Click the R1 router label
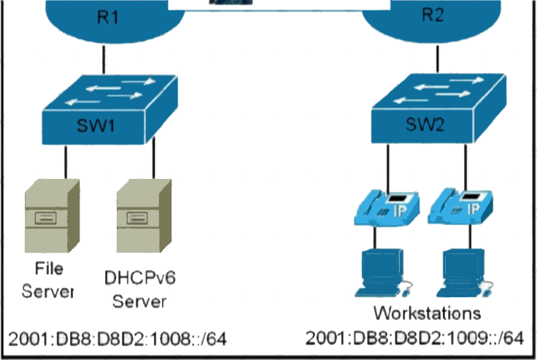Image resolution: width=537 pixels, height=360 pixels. tap(108, 17)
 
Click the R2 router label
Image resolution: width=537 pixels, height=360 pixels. tap(433, 15)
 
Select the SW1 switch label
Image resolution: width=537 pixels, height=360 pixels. tap(96, 126)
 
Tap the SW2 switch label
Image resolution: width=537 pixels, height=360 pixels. tap(425, 124)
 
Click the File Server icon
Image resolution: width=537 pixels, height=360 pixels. tap(53, 216)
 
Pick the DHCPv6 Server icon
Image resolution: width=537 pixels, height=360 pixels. tap(144, 216)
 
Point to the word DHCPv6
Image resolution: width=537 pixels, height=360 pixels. tap(140, 277)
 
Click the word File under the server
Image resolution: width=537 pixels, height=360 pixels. tap(49, 268)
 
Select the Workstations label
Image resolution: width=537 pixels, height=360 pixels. tap(427, 313)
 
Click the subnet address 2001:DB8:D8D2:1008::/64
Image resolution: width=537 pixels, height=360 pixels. tap(117, 339)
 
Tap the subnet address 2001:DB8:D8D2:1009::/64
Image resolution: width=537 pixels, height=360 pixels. tap(414, 338)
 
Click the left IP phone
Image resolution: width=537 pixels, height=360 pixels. tap(387, 208)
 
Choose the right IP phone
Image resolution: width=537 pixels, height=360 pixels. tap(460, 207)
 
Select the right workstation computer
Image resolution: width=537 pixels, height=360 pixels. tap(465, 273)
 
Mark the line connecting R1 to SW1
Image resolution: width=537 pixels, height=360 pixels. tap(104, 59)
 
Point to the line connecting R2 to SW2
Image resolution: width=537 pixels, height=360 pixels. tap(437, 58)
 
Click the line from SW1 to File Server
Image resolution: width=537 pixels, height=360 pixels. tap(66, 162)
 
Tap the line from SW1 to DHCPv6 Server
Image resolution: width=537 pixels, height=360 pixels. tap(153, 158)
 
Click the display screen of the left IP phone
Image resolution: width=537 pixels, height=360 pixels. tap(397, 199)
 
